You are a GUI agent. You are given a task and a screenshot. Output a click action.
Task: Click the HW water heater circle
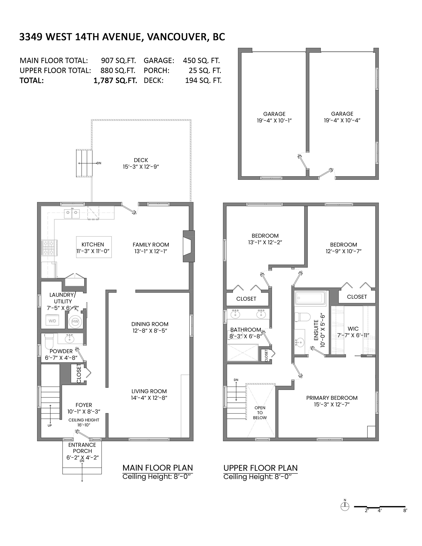(75, 322)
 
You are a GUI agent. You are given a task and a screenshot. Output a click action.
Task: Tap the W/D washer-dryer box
(52, 321)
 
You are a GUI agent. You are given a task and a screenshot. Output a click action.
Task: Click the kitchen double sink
(72, 214)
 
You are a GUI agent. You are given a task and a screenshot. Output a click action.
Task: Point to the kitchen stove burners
(49, 248)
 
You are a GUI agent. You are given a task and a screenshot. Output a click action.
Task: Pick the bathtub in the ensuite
(310, 298)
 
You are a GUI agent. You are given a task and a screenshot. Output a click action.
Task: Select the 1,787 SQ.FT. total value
(115, 81)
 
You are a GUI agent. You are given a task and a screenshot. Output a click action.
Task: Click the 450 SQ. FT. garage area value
(201, 60)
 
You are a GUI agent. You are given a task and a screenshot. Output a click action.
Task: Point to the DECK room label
(141, 160)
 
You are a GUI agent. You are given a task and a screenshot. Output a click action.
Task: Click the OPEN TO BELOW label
(260, 413)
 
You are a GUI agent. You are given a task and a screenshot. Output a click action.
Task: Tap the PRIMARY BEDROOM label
(332, 398)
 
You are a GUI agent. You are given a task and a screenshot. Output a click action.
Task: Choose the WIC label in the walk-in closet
(353, 329)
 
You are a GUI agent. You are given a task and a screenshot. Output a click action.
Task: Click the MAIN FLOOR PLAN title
(158, 468)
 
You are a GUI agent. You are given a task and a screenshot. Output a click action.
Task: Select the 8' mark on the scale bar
(405, 510)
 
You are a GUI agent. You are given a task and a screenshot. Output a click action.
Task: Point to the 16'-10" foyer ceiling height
(84, 425)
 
